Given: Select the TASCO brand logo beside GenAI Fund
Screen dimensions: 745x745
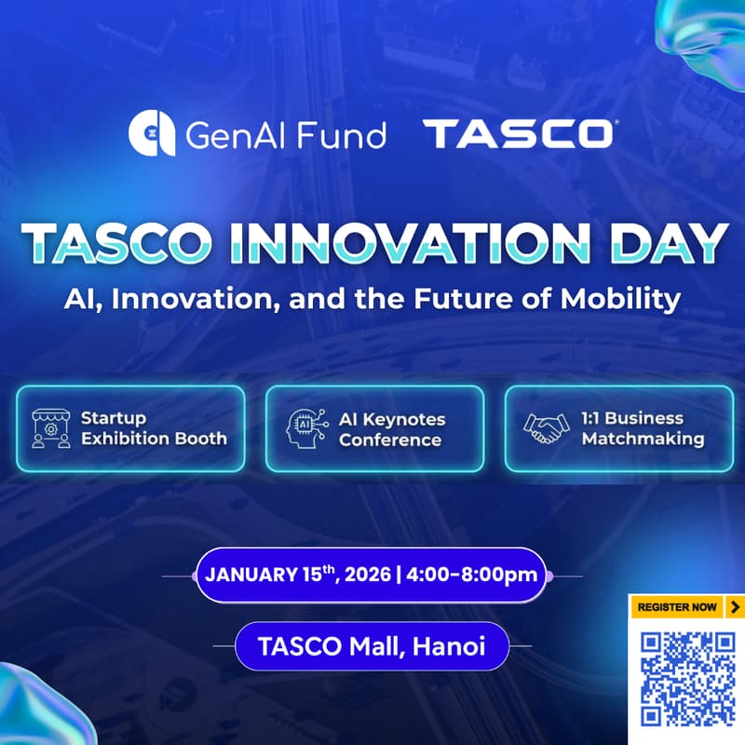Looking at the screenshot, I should [518, 134].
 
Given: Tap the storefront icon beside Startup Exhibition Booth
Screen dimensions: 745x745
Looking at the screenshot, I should [50, 428].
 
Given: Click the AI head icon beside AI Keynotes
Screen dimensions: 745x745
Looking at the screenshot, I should [305, 428].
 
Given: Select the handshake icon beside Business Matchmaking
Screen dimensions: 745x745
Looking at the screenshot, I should [547, 427].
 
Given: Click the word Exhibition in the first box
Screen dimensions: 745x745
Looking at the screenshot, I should [132, 438].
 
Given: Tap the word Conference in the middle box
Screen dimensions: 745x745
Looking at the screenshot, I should [390, 439].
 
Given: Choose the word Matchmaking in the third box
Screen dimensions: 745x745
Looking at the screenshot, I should [643, 438].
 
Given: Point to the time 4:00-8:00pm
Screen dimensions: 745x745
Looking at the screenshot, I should [472, 574].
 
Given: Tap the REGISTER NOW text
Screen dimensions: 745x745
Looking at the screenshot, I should [677, 607].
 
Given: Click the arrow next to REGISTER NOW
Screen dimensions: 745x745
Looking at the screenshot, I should [735, 607].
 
